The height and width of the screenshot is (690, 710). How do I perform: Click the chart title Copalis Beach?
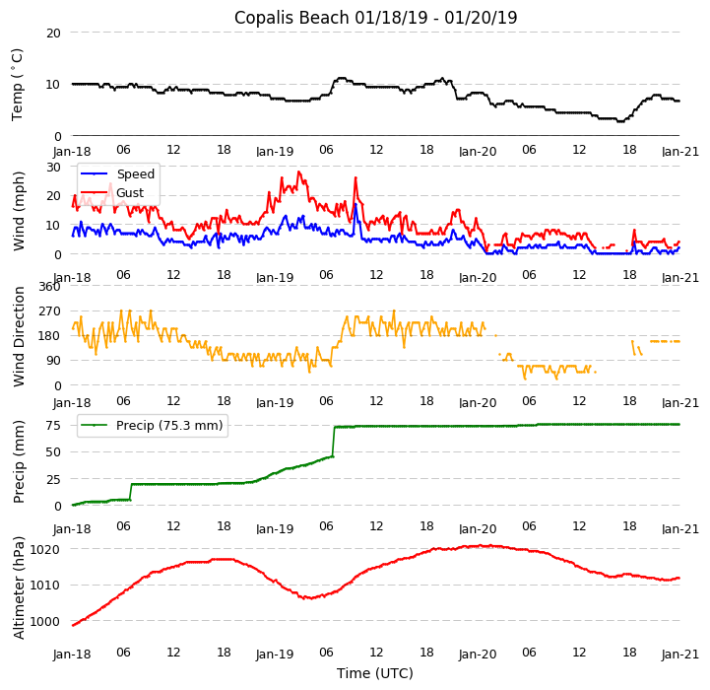(x=375, y=18)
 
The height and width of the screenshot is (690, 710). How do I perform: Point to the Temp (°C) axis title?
(x=18, y=84)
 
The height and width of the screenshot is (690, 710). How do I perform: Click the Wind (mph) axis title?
(x=19, y=210)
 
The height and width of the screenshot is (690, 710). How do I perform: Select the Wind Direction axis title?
(x=19, y=336)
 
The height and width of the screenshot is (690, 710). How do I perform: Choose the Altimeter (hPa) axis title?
(x=19, y=587)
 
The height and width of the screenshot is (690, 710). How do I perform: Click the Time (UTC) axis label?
(x=375, y=673)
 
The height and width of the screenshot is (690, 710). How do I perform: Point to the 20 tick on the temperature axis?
(x=53, y=33)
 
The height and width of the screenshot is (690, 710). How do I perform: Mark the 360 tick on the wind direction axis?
(x=49, y=287)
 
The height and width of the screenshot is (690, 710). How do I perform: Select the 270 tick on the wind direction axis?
(x=49, y=311)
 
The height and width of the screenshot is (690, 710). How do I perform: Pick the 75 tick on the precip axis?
(x=53, y=426)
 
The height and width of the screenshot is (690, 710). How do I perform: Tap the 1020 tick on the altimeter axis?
(x=45, y=549)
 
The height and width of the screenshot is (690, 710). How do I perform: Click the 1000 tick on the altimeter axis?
(x=45, y=622)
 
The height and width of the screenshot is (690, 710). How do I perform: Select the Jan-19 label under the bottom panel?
(x=275, y=654)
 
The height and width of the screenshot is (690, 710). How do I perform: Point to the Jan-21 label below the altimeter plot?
(x=679, y=654)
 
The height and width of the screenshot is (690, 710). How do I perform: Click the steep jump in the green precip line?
(x=334, y=442)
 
